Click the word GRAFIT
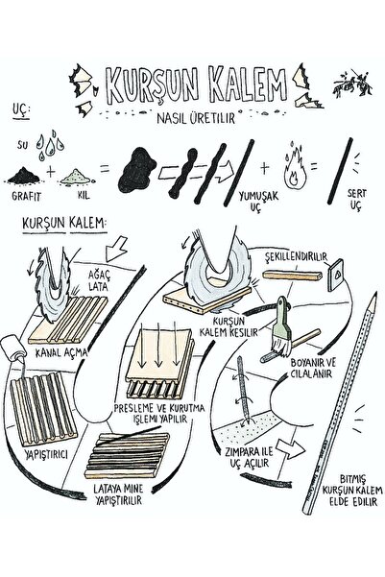[26, 195]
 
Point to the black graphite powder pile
[24, 175]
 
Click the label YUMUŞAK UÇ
[258, 202]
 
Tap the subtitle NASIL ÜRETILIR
[196, 118]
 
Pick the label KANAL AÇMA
[61, 352]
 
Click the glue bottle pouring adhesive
[12, 349]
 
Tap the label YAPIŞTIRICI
[46, 454]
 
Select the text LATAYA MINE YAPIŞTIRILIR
[118, 494]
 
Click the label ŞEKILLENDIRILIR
[297, 256]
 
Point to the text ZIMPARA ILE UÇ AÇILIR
[250, 457]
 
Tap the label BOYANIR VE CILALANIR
[313, 368]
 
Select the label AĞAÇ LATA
[99, 280]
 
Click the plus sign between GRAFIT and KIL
[51, 172]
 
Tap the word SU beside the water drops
[22, 145]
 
